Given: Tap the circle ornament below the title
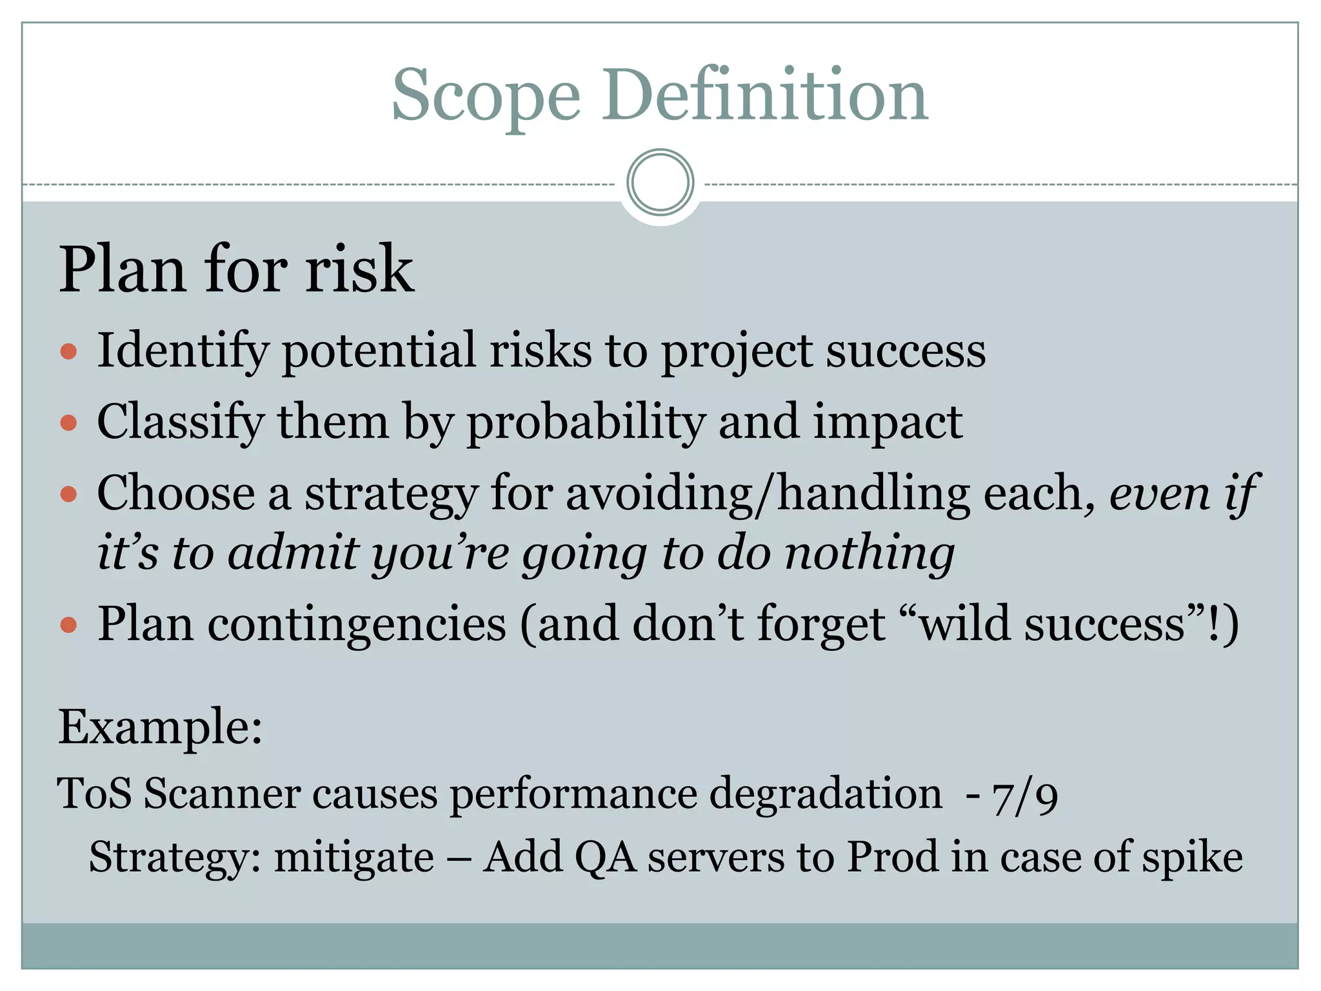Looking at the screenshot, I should (x=660, y=183).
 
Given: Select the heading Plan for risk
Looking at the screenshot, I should (x=236, y=269).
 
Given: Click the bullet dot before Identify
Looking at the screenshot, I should (x=68, y=352).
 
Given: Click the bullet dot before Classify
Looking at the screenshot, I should (x=68, y=423).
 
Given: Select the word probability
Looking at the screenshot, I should (x=586, y=423).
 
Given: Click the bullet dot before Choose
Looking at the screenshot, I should (x=68, y=495).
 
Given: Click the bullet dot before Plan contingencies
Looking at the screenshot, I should (x=68, y=625).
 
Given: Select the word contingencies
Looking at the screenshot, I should (x=356, y=625).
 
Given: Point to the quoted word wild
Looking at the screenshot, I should (x=963, y=625).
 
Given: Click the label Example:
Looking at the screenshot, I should (x=161, y=727).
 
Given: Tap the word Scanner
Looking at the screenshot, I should (x=222, y=794).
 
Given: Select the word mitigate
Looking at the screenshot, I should (x=353, y=858).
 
